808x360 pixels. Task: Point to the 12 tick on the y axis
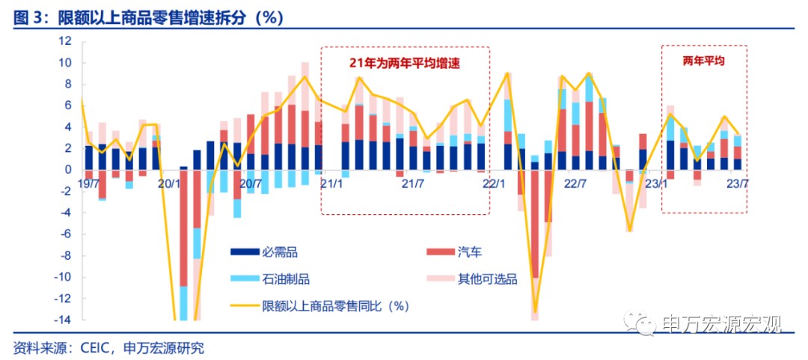(64, 41)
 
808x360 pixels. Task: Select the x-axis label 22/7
(575, 183)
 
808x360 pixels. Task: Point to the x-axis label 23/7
(738, 183)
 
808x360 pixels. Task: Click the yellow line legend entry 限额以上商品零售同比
(335, 305)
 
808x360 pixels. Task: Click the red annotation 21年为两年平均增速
(404, 64)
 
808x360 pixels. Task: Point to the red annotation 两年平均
(704, 59)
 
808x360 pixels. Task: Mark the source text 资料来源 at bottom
(108, 348)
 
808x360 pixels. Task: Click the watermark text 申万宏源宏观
(722, 324)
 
